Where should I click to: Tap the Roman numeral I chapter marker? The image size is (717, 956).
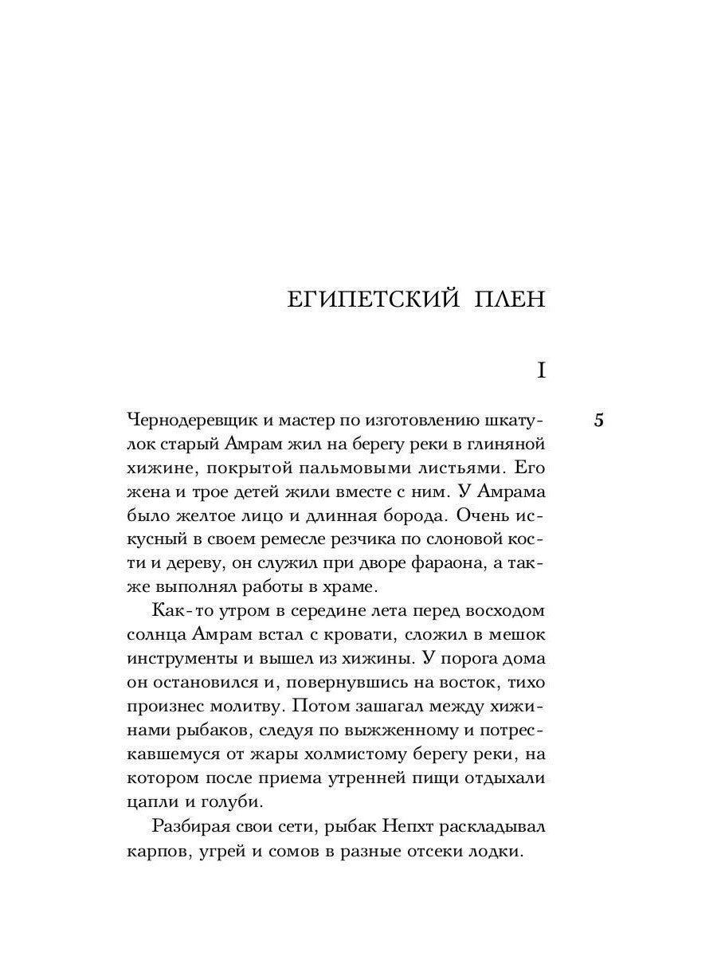click(x=541, y=370)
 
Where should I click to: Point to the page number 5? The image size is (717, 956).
click(x=598, y=421)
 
